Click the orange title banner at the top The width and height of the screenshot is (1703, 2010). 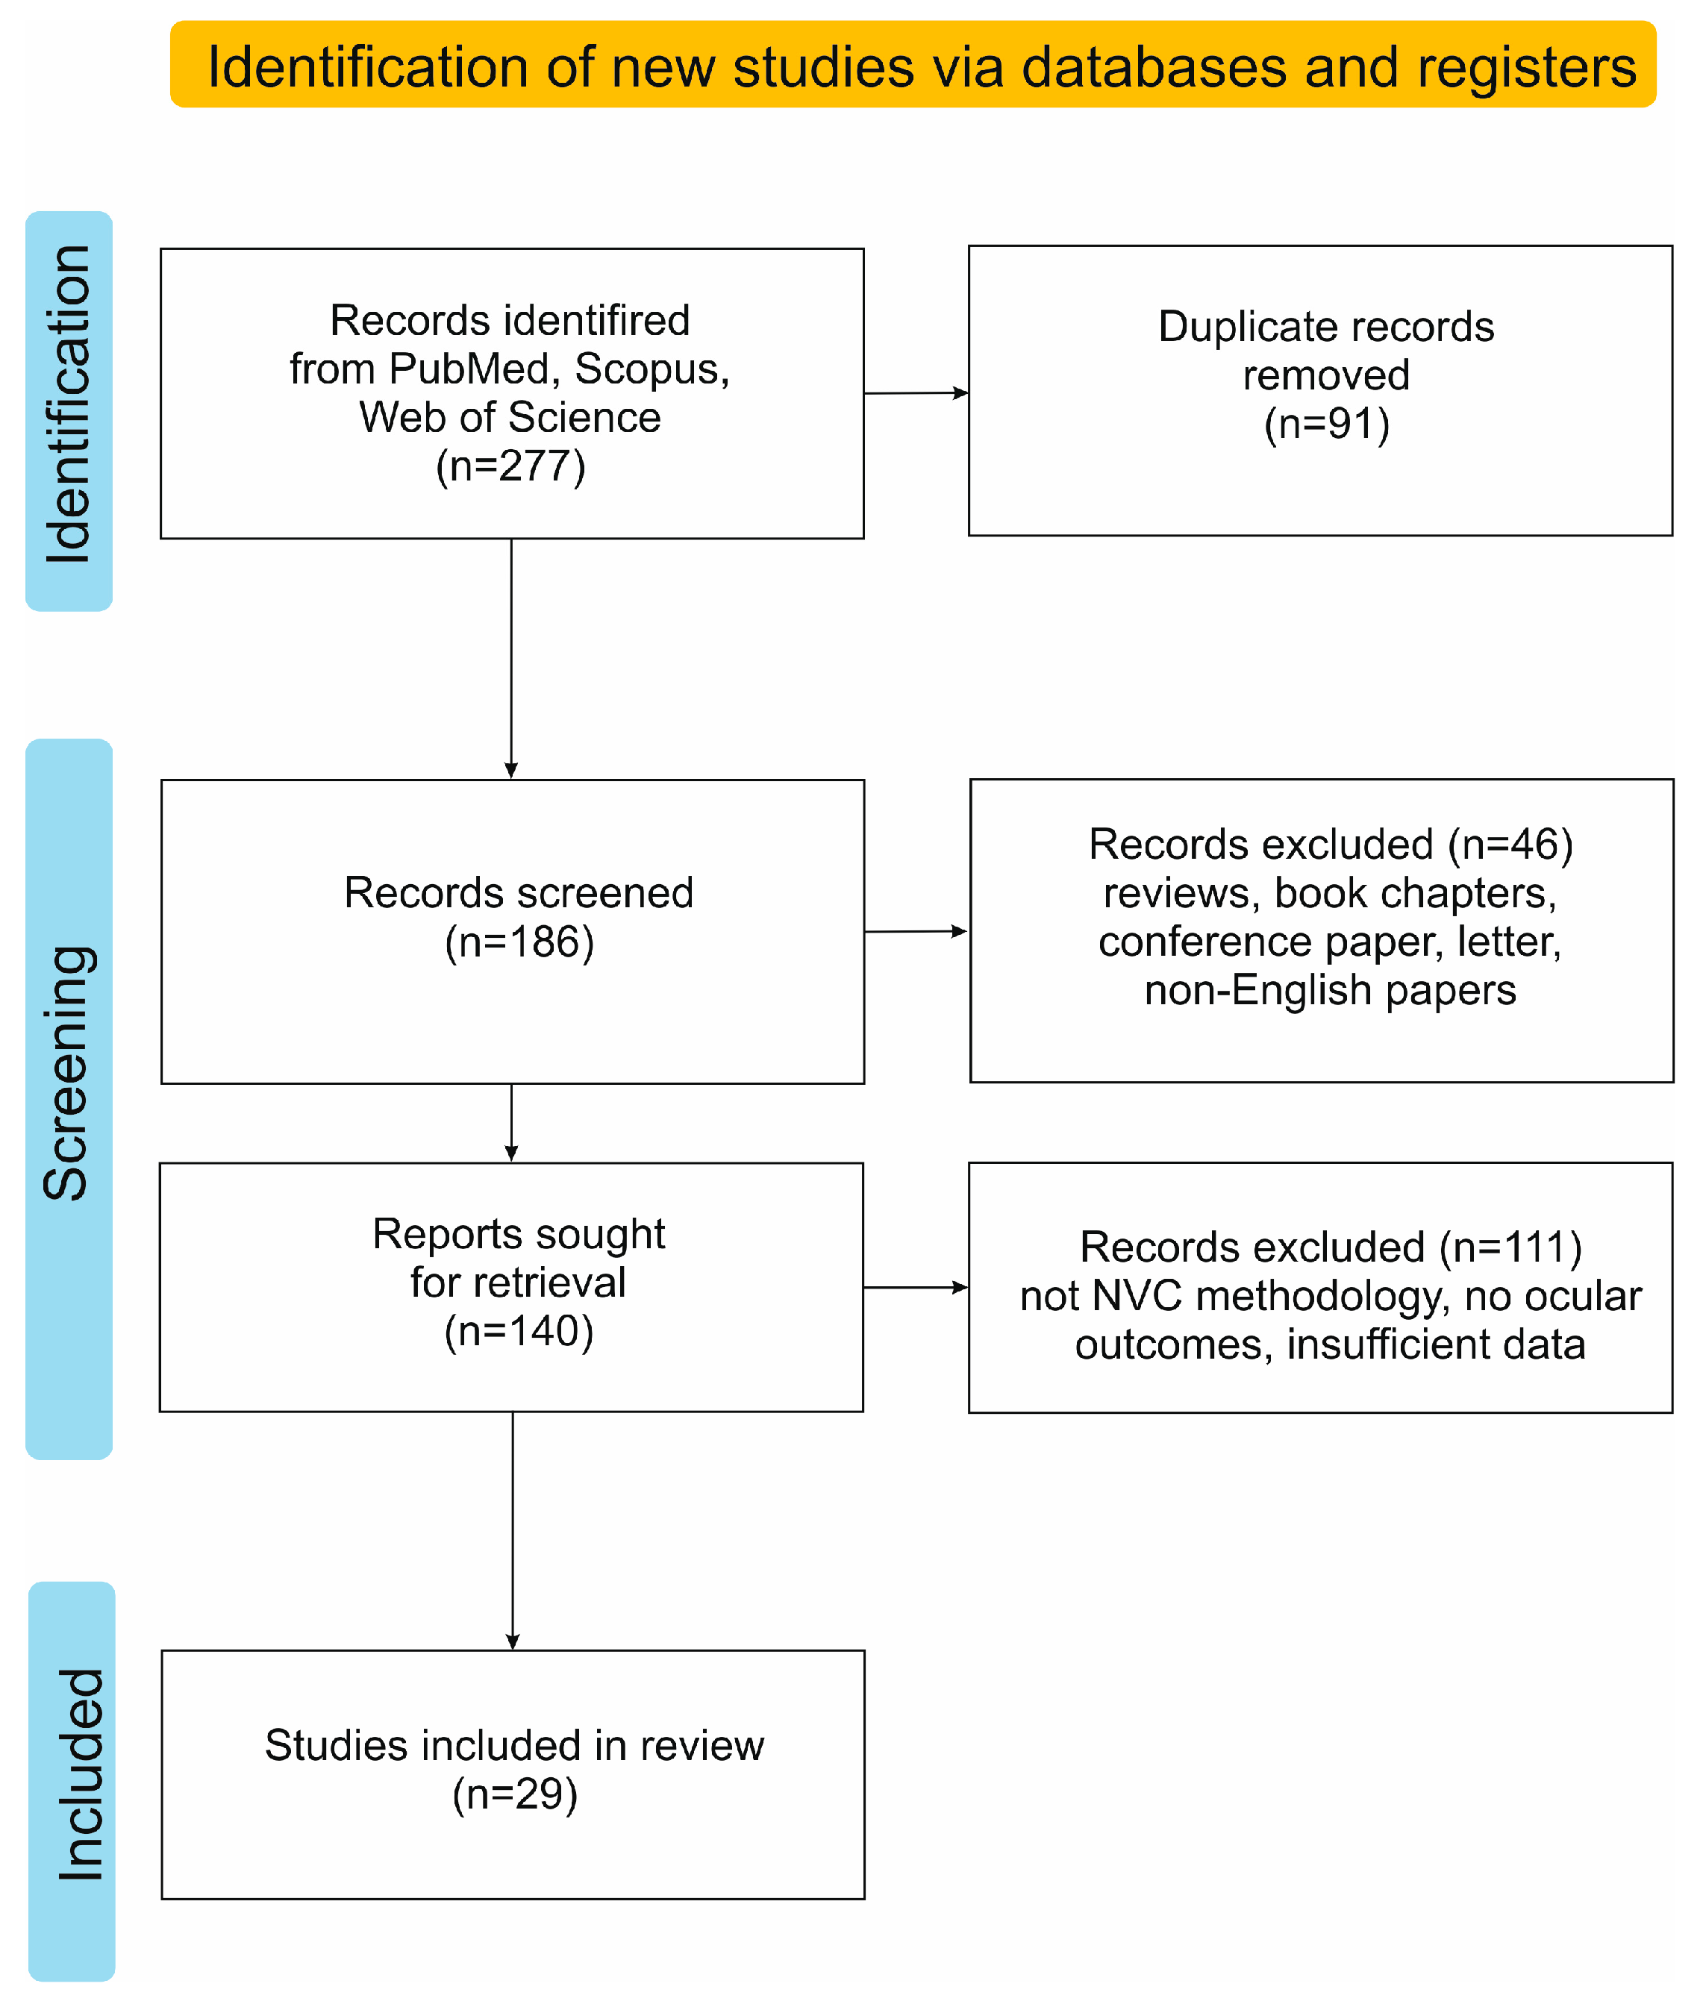click(x=912, y=65)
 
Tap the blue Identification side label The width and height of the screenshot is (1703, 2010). click(x=69, y=410)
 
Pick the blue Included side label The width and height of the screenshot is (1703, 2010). click(x=72, y=1780)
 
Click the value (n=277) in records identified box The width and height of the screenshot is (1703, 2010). click(x=510, y=467)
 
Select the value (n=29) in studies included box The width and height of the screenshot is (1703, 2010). click(x=515, y=1794)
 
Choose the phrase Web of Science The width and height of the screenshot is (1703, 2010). click(x=510, y=418)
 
